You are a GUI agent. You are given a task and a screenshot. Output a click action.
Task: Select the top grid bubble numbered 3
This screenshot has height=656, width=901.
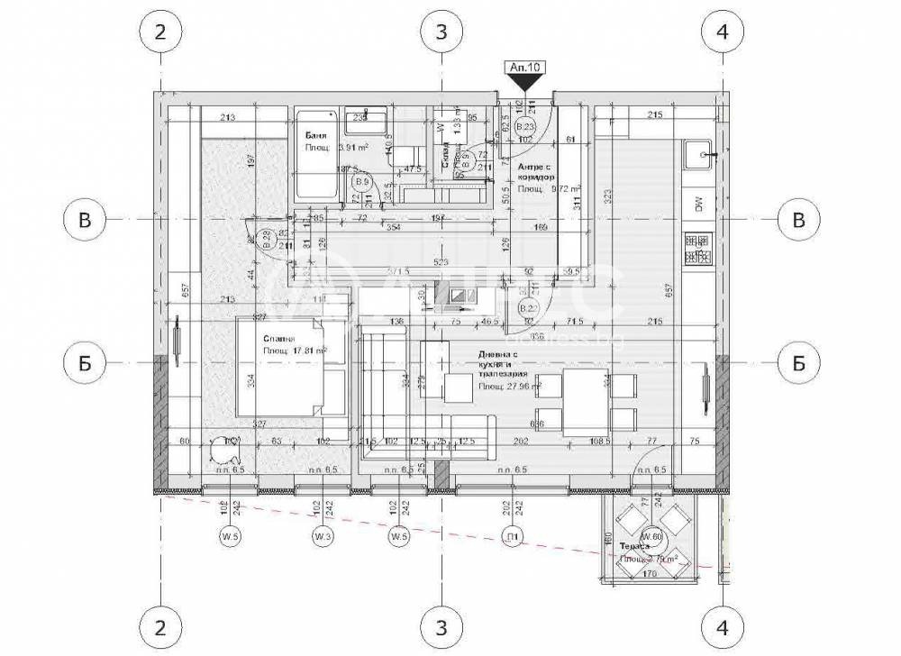click(441, 32)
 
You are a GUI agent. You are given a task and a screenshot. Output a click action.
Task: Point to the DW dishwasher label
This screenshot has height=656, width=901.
click(698, 205)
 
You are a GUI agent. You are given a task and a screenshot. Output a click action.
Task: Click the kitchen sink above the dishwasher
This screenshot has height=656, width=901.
click(698, 156)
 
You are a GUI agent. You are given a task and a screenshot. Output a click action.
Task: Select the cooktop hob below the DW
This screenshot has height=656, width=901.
click(698, 251)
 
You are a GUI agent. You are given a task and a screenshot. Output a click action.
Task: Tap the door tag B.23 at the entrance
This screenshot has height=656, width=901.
click(525, 127)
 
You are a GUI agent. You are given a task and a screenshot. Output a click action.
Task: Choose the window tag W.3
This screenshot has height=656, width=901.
click(323, 538)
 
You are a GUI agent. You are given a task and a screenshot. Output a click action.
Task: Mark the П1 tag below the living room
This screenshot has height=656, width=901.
click(513, 538)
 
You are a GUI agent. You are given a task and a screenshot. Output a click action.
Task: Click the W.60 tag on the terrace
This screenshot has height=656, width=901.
click(652, 538)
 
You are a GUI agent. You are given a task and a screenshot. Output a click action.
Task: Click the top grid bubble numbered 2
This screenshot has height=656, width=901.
click(160, 32)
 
